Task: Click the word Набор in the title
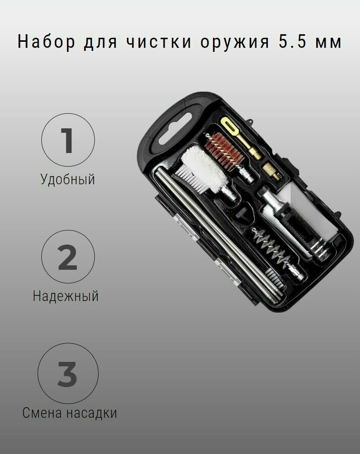point(43,42)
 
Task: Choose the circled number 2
point(67,257)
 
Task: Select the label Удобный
point(67,179)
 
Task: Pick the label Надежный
point(65,296)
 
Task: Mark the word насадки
point(92,413)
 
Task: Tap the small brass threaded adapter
point(272,172)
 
